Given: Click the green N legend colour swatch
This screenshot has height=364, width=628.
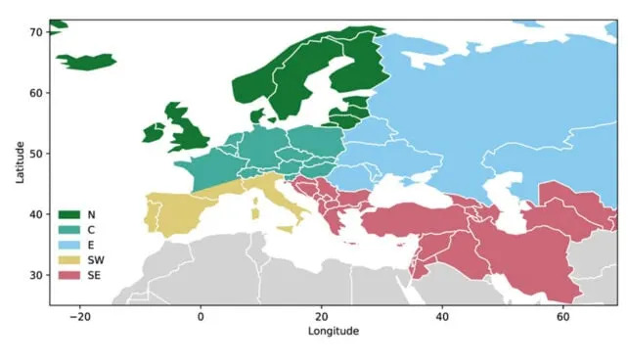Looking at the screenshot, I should (x=69, y=214).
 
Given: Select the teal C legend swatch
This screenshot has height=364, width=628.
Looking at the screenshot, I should (x=69, y=230).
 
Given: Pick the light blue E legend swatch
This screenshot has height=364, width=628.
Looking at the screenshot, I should (x=69, y=246).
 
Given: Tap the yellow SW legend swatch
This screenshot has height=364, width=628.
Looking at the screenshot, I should (x=69, y=261).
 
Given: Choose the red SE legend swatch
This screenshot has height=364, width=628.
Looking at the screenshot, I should (x=69, y=277).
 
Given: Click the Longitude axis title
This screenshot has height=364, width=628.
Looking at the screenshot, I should (x=333, y=332).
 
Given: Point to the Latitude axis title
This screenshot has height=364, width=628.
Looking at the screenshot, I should (x=20, y=162).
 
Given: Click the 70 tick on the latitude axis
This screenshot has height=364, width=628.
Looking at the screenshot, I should (x=34, y=33).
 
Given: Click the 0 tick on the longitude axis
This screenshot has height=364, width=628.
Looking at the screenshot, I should (x=201, y=317).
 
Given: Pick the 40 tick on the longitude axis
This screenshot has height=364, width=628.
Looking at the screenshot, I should (x=442, y=317).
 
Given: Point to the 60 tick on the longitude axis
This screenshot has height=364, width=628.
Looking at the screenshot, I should (x=563, y=317).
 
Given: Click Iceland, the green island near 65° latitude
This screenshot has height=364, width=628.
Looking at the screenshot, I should (x=86, y=62).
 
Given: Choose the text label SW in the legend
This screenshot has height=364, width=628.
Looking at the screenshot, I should (x=96, y=261).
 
